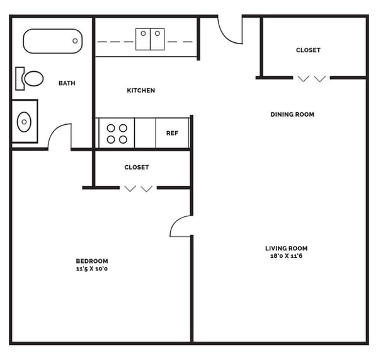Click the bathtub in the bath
point(53,41)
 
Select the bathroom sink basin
point(25,120)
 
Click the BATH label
point(67,83)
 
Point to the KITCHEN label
point(140,91)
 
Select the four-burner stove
point(117,133)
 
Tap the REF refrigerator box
point(172,134)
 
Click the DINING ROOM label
point(292,115)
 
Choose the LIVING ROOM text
point(286,248)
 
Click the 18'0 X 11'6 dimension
point(286,256)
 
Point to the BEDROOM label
point(92,261)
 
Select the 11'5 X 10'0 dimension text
point(92,269)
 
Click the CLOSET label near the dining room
point(308,50)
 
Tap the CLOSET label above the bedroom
point(137,168)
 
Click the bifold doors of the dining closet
point(312,79)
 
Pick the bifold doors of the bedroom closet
point(138,189)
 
